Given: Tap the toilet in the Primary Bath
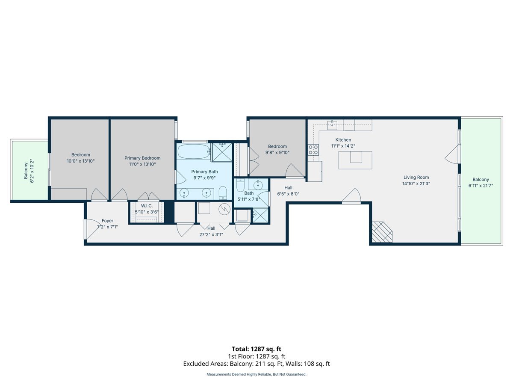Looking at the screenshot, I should [223, 194].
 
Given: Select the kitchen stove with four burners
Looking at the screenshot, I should [313, 150].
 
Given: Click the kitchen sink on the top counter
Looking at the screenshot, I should [333, 125].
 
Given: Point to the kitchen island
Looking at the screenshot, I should [355, 160].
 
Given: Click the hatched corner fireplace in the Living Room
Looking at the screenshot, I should [381, 233].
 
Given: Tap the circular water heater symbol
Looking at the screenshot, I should [224, 210].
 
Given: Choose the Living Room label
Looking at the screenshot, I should [416, 178].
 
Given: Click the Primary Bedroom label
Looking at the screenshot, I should [142, 158].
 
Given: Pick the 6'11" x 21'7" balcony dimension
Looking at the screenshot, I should [481, 186].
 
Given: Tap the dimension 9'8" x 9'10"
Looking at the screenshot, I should [277, 152].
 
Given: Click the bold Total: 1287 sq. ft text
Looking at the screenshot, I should [256, 349].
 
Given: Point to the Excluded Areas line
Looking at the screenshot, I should [256, 364].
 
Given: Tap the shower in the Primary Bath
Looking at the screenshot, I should [222, 152].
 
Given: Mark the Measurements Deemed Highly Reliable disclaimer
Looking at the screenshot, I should [256, 374].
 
